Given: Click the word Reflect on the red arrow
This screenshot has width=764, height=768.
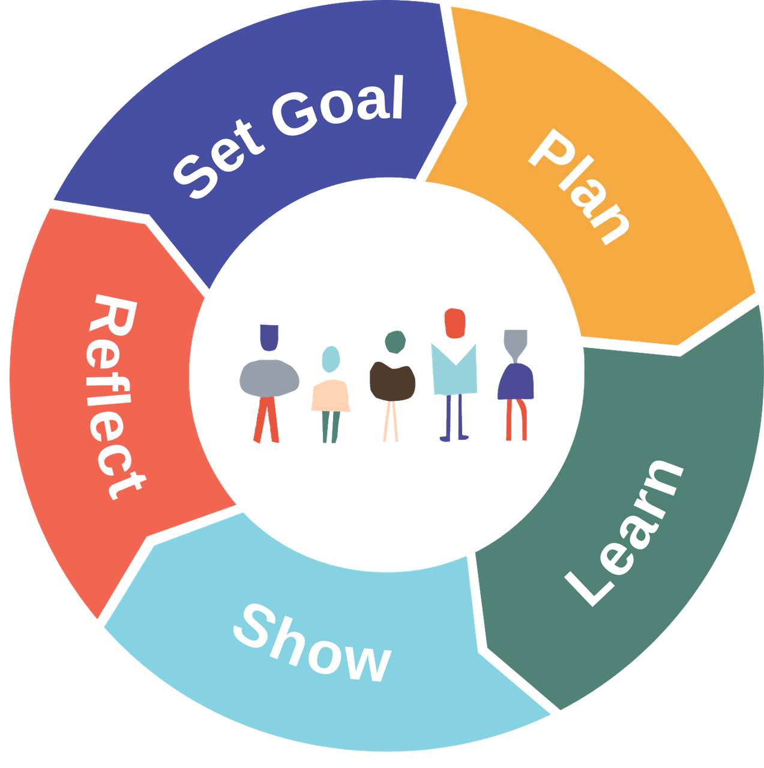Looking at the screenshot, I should point(116,396).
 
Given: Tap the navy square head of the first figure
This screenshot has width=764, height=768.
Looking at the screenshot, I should point(269,338).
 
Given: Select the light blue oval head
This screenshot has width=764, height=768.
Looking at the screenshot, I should point(330,359).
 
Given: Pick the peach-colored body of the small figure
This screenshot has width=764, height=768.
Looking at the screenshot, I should point(331,396).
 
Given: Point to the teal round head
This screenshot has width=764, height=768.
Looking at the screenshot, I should point(395,341).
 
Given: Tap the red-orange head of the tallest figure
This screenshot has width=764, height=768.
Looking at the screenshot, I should point(454,323).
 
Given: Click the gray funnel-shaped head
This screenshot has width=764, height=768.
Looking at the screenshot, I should point(515,342).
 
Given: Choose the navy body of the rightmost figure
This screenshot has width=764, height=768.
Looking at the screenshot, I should point(516,382).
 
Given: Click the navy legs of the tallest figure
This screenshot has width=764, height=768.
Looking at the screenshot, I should point(454,418).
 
